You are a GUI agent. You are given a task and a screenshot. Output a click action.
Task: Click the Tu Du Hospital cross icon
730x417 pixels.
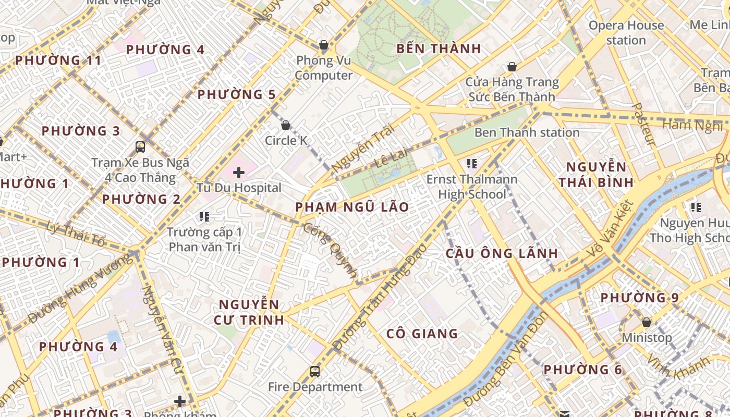point(239,172)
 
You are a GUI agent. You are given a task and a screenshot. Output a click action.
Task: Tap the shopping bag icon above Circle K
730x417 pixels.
point(285,125)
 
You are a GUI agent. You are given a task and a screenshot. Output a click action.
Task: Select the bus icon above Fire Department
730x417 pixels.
point(315,372)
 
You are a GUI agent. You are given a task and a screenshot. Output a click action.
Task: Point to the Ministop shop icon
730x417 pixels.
point(647,322)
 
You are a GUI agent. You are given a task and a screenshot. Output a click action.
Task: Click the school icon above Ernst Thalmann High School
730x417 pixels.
point(472,164)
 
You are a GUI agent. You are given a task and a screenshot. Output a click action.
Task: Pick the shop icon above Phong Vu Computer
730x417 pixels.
point(324,45)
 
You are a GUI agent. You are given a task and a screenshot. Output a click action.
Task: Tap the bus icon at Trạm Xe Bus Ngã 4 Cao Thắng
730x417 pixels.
point(140,146)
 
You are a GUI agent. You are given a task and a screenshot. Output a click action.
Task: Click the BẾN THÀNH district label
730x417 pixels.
point(439,49)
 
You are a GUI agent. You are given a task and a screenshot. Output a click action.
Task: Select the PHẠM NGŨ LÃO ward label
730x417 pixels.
point(352,207)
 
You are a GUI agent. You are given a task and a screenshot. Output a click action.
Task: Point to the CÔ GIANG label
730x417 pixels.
point(422,334)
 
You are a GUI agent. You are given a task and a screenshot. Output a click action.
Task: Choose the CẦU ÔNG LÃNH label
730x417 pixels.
point(502,253)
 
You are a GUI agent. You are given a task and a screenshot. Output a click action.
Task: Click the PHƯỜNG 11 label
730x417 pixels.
point(58,60)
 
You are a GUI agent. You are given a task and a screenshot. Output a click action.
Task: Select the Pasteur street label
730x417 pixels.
point(643,124)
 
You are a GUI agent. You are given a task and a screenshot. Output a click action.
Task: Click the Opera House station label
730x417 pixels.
point(626,32)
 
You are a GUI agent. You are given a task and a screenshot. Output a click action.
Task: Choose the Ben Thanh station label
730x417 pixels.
point(527,132)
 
